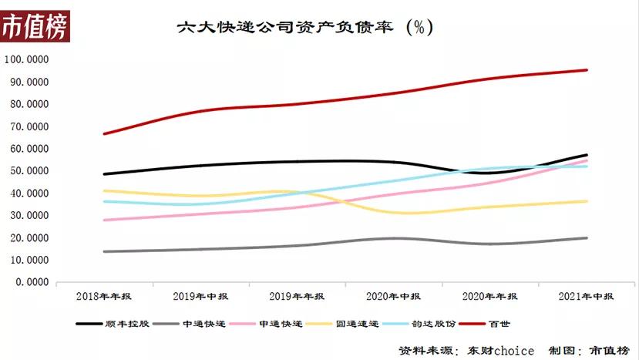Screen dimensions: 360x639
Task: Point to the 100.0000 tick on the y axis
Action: [x=26, y=59]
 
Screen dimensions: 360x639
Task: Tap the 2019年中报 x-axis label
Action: [x=200, y=296]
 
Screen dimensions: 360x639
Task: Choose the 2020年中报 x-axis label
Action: [x=393, y=296]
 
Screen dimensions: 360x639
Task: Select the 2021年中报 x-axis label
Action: [x=587, y=296]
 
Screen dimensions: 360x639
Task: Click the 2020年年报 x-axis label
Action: [x=489, y=296]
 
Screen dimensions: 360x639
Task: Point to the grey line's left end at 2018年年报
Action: [x=104, y=251]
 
